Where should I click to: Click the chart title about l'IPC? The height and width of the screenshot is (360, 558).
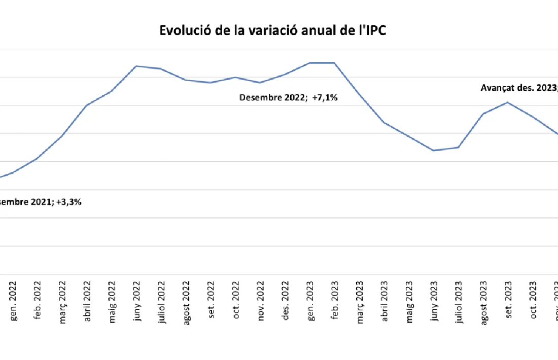273,31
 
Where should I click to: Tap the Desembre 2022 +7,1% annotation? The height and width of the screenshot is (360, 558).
289,97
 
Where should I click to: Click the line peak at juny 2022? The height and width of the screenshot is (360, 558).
136,66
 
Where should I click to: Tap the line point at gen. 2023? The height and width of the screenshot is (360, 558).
310,63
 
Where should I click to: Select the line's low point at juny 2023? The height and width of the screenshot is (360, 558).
434,151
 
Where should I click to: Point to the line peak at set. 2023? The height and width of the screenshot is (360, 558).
508,102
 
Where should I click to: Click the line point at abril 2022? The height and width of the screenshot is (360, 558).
87,105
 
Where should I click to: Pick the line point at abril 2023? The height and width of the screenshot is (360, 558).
384,123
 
